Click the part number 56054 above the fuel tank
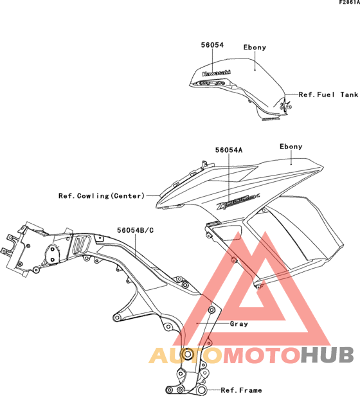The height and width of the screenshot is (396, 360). pyautogui.click(x=212, y=45)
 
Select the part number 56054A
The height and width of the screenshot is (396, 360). pyautogui.click(x=229, y=150)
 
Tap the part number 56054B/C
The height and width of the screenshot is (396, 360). pyautogui.click(x=135, y=230)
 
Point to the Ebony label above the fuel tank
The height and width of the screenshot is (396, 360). pyautogui.click(x=255, y=48)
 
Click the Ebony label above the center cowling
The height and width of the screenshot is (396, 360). pyautogui.click(x=291, y=147)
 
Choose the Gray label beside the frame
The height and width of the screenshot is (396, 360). pyautogui.click(x=239, y=324)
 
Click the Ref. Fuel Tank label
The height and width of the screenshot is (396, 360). pyautogui.click(x=328, y=94)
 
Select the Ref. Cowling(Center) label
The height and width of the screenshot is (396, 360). pyautogui.click(x=102, y=195)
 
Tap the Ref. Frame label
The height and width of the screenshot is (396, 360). pyautogui.click(x=241, y=390)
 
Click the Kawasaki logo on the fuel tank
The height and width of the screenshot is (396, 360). pyautogui.click(x=216, y=73)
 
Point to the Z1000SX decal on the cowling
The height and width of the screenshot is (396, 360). pyautogui.click(x=237, y=202)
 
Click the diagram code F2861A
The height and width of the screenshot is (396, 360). pyautogui.click(x=349, y=3)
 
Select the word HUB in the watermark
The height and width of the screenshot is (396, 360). pyautogui.click(x=328, y=355)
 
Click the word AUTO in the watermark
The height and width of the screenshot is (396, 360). pyautogui.click(x=186, y=355)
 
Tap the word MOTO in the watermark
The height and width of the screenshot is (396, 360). pyautogui.click(x=262, y=355)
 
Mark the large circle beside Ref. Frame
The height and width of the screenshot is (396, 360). pyautogui.click(x=201, y=390)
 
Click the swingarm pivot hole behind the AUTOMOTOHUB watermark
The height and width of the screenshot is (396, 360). pyautogui.click(x=188, y=354)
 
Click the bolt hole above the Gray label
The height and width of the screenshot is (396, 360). pyautogui.click(x=212, y=310)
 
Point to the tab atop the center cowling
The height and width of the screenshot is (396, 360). pyautogui.click(x=204, y=165)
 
